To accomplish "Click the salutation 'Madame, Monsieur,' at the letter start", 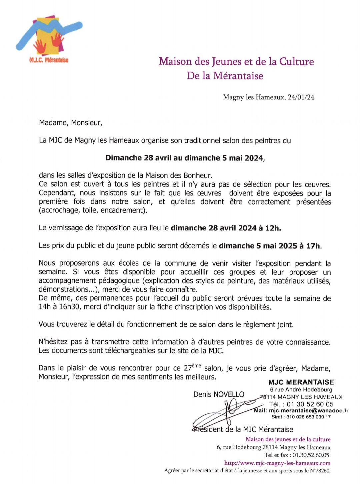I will pos(71,123).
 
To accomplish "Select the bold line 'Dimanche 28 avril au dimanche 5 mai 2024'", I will pos(184,158).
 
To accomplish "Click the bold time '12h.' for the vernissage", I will pos(273,228).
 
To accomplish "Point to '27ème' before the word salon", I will pos(192,368).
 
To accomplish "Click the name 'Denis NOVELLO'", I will pos(219,394).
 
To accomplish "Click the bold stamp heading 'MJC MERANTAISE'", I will pos(301,382).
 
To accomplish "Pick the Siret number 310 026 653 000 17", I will pos(308,417).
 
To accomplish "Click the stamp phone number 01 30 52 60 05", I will pos(310,404).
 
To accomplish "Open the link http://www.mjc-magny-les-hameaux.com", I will pos(277,463).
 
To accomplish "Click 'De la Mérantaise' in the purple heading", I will pos(225,76).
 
